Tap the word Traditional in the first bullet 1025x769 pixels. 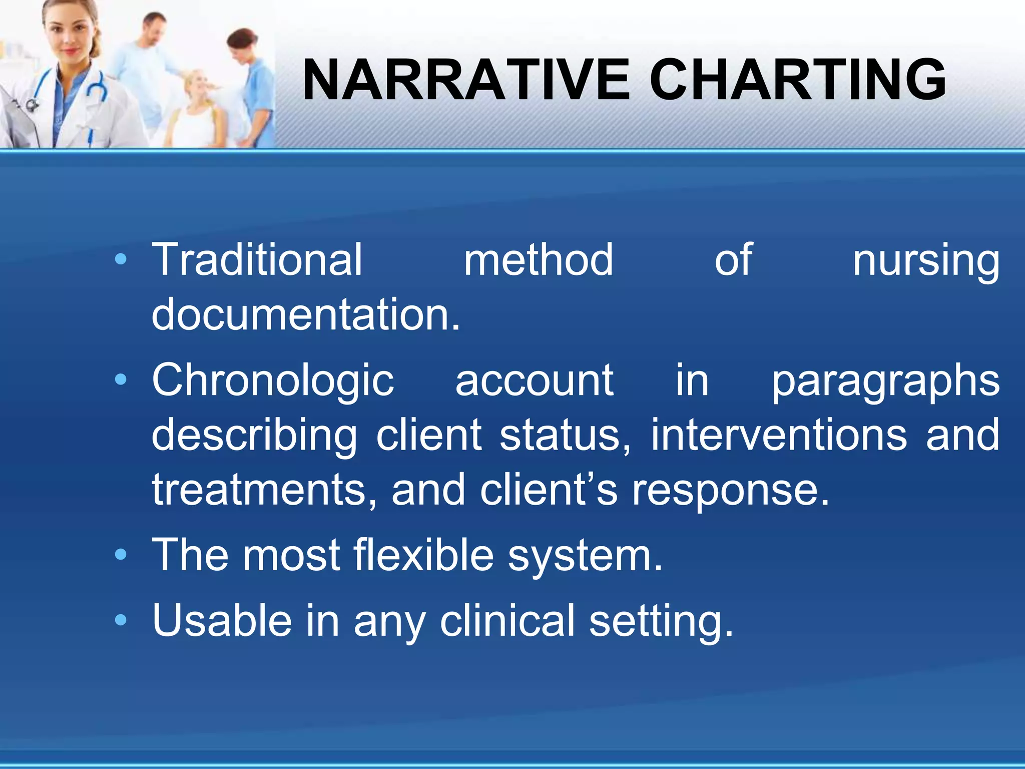click(x=257, y=260)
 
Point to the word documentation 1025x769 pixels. click(x=305, y=315)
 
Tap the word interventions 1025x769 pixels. click(x=778, y=436)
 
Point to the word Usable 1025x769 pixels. click(x=222, y=621)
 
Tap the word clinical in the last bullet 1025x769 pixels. click(x=507, y=621)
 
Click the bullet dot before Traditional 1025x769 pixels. click(x=121, y=259)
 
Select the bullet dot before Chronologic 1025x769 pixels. click(x=121, y=380)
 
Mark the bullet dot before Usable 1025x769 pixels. click(x=121, y=621)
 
